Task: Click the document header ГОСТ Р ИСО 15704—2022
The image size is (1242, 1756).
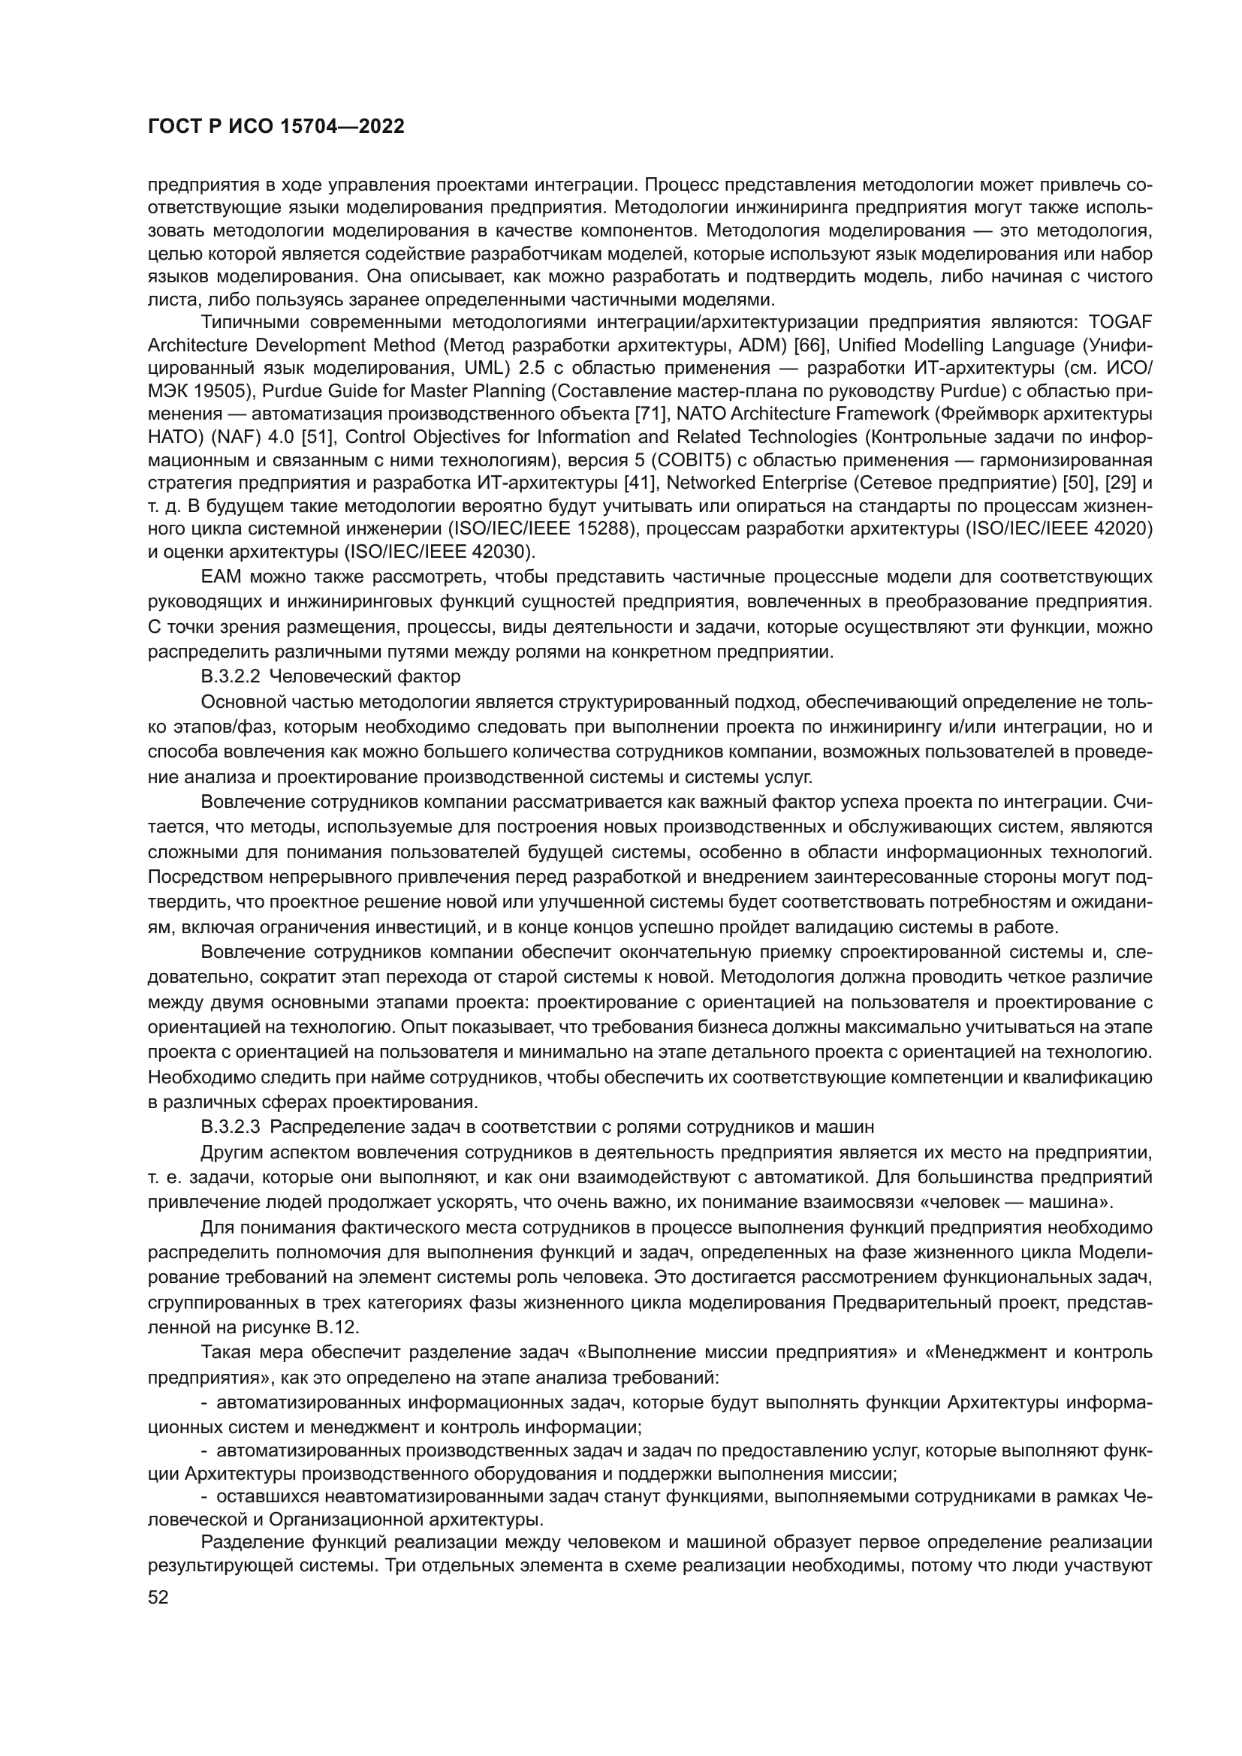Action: click(276, 127)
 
